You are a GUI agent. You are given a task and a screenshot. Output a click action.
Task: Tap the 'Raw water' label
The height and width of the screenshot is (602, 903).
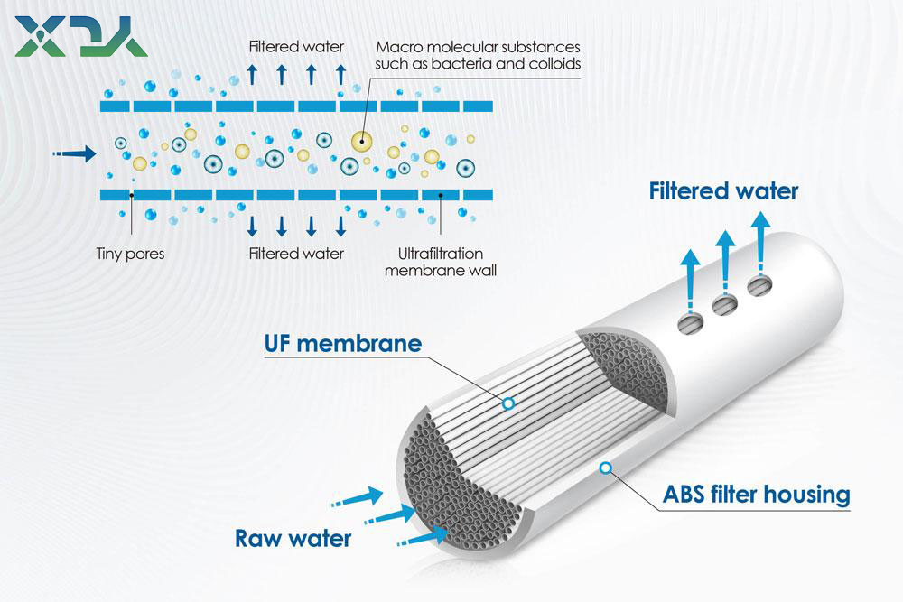coord(293,539)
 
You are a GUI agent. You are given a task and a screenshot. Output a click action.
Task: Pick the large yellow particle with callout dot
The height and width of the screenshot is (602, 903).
coord(362,140)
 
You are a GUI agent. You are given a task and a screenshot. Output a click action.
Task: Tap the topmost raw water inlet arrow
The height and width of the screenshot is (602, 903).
coord(362,495)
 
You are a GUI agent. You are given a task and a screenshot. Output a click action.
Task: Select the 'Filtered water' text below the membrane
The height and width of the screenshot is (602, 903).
coord(296,254)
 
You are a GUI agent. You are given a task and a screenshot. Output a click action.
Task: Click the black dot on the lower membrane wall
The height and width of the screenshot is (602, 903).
coord(441,193)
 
